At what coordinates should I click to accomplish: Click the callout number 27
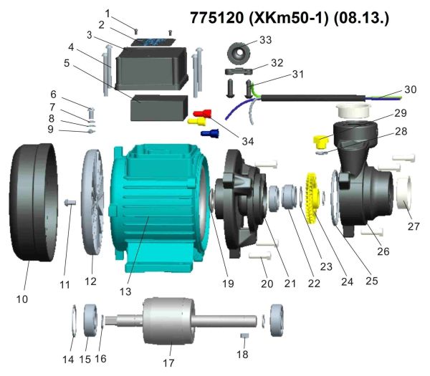point(413,226)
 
